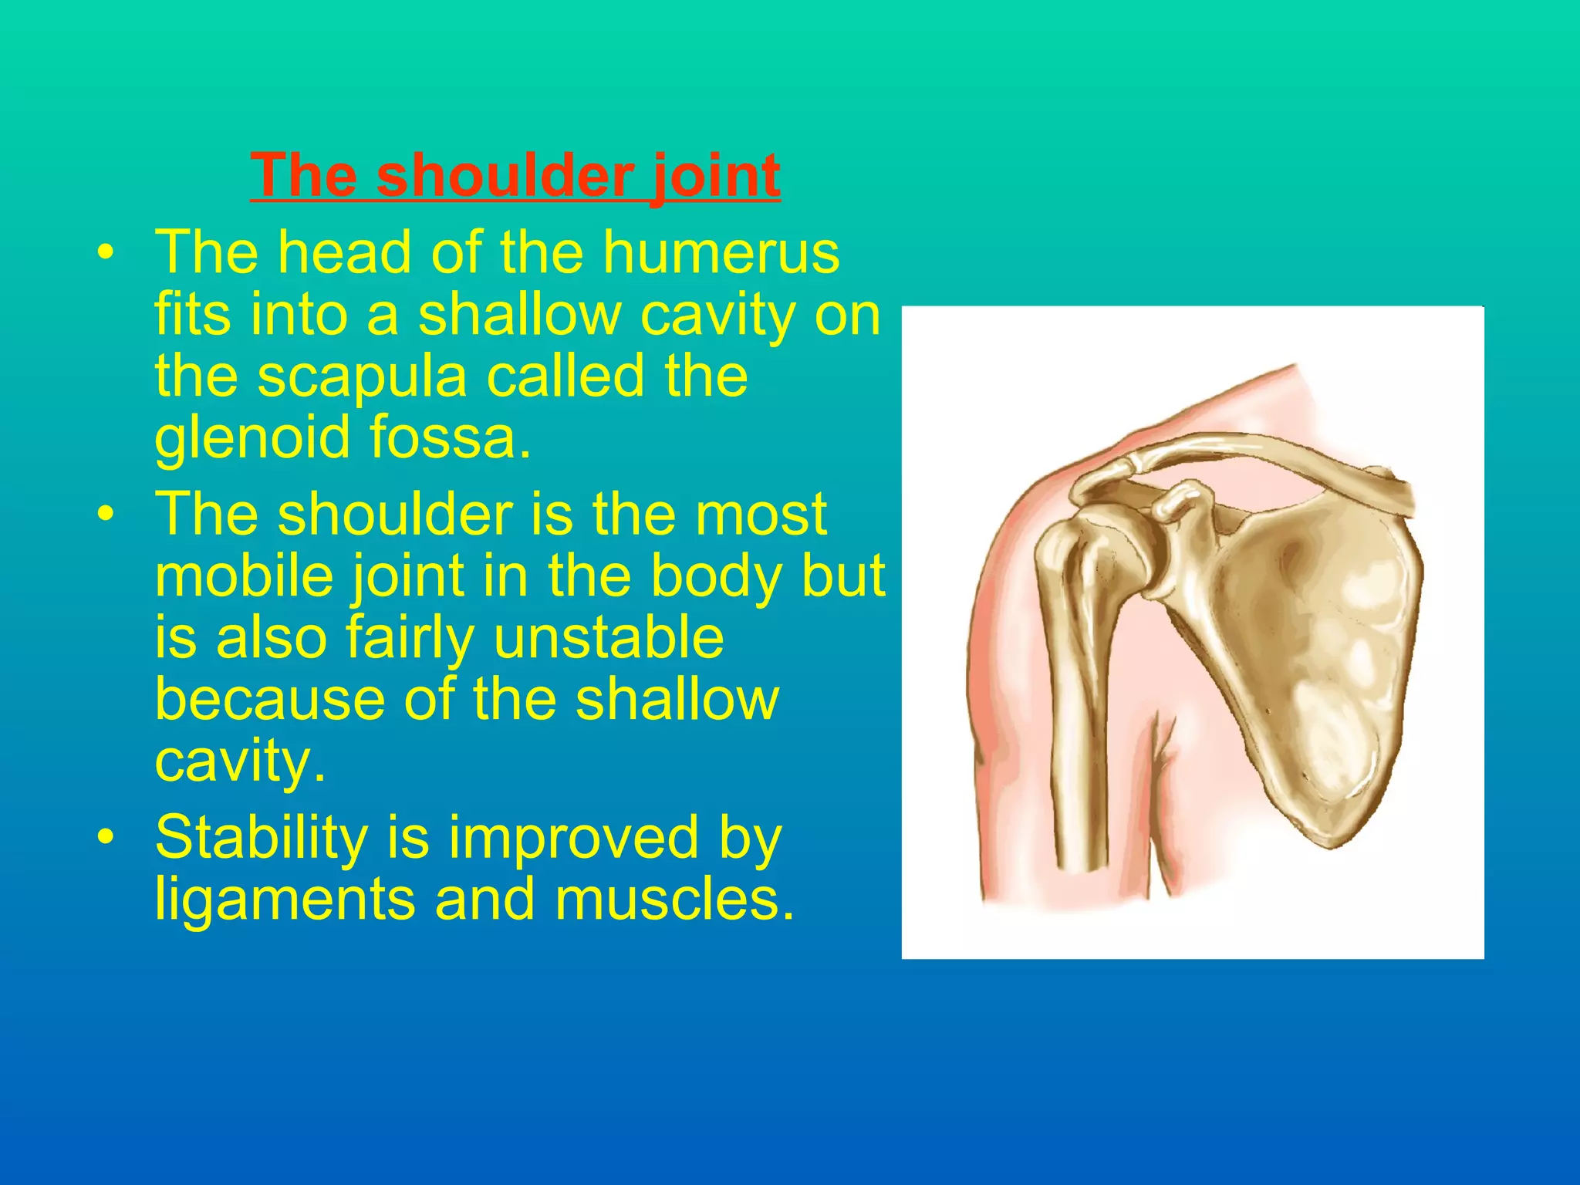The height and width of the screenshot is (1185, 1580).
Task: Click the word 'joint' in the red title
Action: [716, 176]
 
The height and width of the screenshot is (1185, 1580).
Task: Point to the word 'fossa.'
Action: [451, 437]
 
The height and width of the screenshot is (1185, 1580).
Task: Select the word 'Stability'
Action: [262, 839]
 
